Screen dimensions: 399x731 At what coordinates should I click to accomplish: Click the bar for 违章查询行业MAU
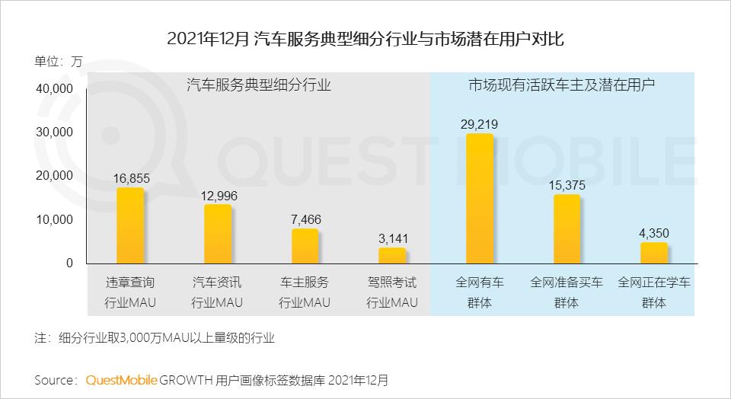pos(130,225)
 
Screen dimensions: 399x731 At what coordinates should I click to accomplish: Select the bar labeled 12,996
pos(218,234)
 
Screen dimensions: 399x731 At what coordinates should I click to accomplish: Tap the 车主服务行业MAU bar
pos(305,246)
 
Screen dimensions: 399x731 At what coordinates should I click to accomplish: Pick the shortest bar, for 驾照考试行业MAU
pos(392,255)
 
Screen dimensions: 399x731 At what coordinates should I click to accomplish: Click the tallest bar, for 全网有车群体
pos(480,199)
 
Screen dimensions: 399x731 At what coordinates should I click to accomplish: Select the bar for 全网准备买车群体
pos(567,229)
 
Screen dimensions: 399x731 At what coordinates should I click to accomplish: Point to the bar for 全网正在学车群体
pos(654,253)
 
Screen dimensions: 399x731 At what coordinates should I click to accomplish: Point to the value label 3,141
pos(392,238)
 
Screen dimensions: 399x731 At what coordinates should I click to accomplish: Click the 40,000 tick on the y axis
pos(53,88)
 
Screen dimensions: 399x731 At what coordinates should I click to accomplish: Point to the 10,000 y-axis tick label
pos(53,220)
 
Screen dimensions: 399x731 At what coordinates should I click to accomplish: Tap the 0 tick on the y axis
pos(69,263)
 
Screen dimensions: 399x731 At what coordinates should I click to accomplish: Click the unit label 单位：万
pos(58,61)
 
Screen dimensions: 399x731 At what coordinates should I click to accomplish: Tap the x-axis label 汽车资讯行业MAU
pos(218,292)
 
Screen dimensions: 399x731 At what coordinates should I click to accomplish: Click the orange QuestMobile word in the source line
pos(121,379)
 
